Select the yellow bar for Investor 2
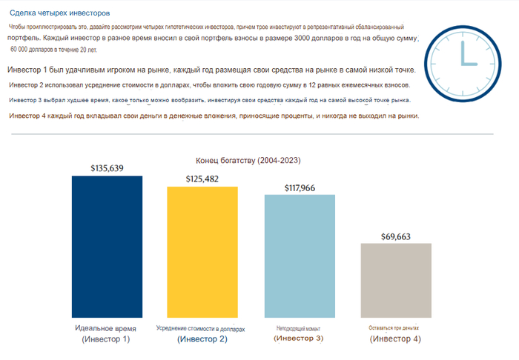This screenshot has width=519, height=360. coord(202,252)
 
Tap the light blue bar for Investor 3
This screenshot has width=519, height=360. coord(300,256)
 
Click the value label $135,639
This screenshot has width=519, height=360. coord(107,168)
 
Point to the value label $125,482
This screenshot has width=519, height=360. coord(202,179)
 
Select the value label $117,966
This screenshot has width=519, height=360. coord(300,188)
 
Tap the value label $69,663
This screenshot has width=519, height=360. coord(396,236)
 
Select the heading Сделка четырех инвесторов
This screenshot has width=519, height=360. coord(59,13)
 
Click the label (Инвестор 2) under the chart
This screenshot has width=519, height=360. coord(202,339)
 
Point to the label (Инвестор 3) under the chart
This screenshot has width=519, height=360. coord(299,339)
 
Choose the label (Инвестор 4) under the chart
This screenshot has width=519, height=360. coord(395,339)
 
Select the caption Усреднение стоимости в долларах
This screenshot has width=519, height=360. coord(200,328)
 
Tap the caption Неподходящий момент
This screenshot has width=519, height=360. coord(299,327)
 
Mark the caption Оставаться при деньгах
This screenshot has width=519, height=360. coord(394,327)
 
